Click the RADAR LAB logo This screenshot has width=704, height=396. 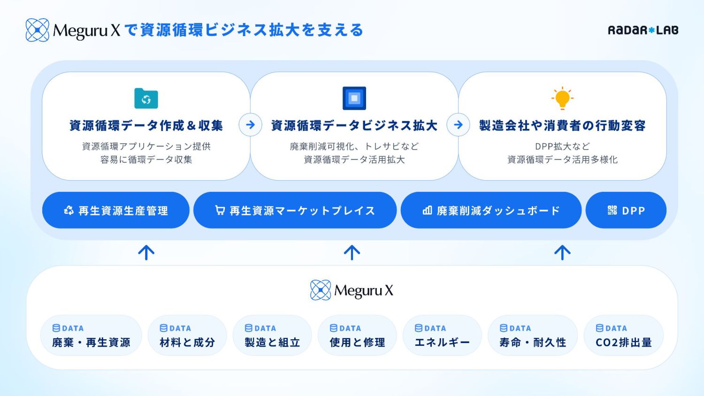[643, 30]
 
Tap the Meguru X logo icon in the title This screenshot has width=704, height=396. [37, 30]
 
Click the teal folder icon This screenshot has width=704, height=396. [146, 99]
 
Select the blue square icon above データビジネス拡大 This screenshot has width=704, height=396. [354, 98]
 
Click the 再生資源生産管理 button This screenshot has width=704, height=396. [116, 211]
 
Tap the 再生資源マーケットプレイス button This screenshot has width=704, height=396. [295, 211]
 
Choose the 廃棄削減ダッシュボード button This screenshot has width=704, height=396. [491, 211]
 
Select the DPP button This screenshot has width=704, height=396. [626, 211]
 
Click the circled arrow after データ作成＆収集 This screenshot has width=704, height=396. [250, 125]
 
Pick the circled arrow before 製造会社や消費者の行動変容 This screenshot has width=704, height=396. [458, 125]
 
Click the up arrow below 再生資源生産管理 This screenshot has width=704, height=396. [146, 252]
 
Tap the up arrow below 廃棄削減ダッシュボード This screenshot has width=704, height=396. [562, 252]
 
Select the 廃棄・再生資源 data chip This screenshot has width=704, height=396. [91, 335]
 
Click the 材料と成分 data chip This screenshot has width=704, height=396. [187, 335]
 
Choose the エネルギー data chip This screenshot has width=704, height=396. [442, 335]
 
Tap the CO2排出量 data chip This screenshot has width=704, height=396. [624, 335]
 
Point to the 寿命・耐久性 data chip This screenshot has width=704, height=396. [533, 335]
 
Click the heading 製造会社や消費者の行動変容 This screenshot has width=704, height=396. [562, 126]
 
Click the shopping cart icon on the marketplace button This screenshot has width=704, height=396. [220, 210]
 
